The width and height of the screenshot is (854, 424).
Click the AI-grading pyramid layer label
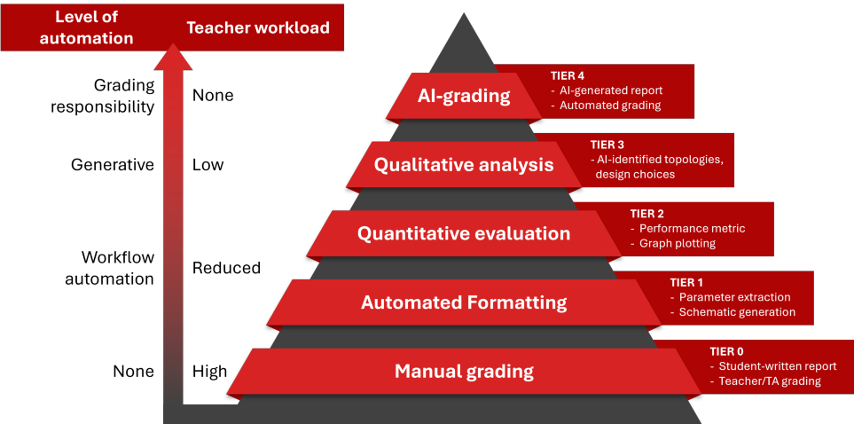click(x=464, y=96)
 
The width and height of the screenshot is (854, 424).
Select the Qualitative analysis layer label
click(x=464, y=165)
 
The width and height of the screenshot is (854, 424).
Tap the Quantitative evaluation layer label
click(x=464, y=234)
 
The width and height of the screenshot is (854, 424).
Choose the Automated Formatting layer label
click(x=464, y=302)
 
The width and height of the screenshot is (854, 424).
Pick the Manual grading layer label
click(x=464, y=372)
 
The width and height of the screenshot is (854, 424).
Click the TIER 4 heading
click(x=568, y=76)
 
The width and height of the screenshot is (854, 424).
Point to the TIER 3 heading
click(x=607, y=145)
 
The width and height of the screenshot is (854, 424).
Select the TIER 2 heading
click(x=647, y=214)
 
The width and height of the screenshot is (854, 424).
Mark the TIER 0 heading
click(x=726, y=351)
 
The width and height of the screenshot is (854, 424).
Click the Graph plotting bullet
click(x=678, y=243)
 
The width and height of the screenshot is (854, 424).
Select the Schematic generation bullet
click(x=737, y=312)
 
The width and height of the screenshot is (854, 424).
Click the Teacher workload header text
click(x=258, y=27)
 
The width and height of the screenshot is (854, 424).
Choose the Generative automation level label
click(x=113, y=165)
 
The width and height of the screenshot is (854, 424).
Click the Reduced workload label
click(x=226, y=268)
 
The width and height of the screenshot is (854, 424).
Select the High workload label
click(x=209, y=372)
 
